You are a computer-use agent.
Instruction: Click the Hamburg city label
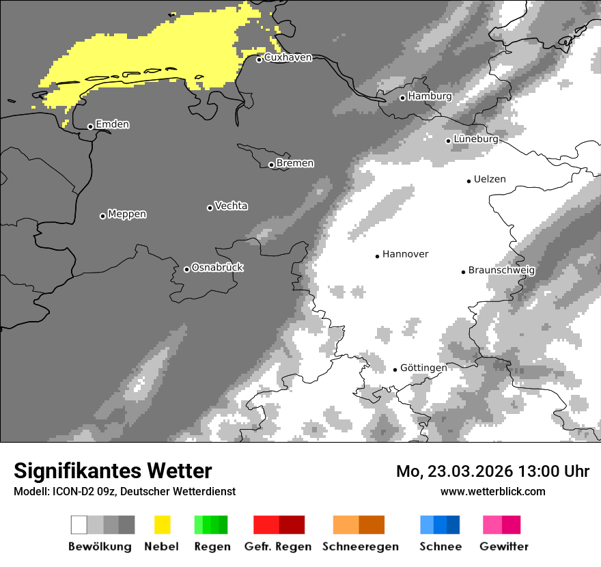pos(430,96)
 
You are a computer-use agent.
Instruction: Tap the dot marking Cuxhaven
pos(259,59)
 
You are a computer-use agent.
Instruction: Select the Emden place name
pos(112,124)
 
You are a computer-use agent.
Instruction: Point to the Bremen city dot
pos(271,165)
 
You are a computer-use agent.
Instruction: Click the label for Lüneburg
pos(476,139)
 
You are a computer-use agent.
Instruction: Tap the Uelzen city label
pos(490,179)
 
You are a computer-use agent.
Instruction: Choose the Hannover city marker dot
pos(377,256)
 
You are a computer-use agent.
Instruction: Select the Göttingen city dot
pos(395,370)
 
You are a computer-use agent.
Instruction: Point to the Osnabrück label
pos(217,267)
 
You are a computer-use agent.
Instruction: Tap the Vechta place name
pos(231,206)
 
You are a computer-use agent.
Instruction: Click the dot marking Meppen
pos(102,216)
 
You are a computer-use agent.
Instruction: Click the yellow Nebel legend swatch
pos(162,525)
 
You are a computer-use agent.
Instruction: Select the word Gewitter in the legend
pos(504,547)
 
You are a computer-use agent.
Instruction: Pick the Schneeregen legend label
pos(361,547)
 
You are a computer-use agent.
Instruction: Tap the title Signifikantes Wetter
pos(113,471)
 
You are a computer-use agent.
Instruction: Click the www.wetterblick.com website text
pos(492,491)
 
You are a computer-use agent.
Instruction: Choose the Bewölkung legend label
pos(100,547)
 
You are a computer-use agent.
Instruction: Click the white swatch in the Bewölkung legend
pos(79,525)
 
